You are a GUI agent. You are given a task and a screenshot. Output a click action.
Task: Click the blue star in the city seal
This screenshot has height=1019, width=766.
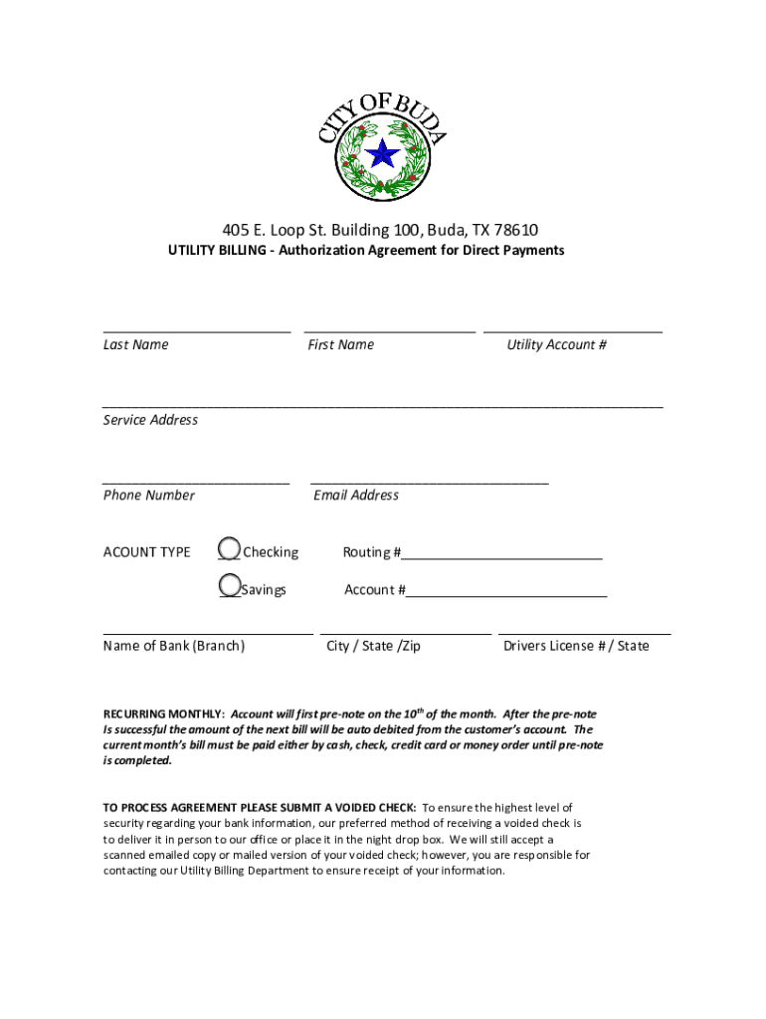[382, 154]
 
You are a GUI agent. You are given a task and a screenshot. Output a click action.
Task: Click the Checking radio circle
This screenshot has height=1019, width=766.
[229, 548]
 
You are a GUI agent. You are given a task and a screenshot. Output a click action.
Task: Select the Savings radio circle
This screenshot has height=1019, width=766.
[229, 585]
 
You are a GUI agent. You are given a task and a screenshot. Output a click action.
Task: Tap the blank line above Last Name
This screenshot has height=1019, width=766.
[196, 330]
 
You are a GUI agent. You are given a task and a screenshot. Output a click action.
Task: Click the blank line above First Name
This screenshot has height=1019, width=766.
[389, 330]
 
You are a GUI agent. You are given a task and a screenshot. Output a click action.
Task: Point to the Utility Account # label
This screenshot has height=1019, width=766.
[556, 345]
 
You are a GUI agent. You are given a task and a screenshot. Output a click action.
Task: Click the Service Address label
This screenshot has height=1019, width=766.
[150, 420]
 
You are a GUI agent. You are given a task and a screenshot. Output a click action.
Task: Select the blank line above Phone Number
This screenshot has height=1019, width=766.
[196, 482]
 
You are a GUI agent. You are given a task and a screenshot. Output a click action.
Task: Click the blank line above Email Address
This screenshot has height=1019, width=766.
[429, 482]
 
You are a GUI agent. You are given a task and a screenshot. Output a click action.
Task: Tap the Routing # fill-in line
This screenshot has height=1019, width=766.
[502, 558]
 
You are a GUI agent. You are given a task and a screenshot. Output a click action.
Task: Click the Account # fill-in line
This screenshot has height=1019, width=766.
[506, 596]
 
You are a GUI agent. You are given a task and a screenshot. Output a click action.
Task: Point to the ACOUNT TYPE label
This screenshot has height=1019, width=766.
[146, 552]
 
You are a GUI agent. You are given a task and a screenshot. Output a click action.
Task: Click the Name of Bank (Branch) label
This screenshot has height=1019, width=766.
[173, 646]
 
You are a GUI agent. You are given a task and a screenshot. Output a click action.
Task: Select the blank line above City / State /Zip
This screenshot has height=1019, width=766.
[405, 633]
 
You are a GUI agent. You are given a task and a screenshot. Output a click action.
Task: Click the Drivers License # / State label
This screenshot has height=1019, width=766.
[576, 646]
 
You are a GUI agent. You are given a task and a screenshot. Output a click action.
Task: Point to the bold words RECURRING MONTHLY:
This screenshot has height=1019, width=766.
[164, 714]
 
